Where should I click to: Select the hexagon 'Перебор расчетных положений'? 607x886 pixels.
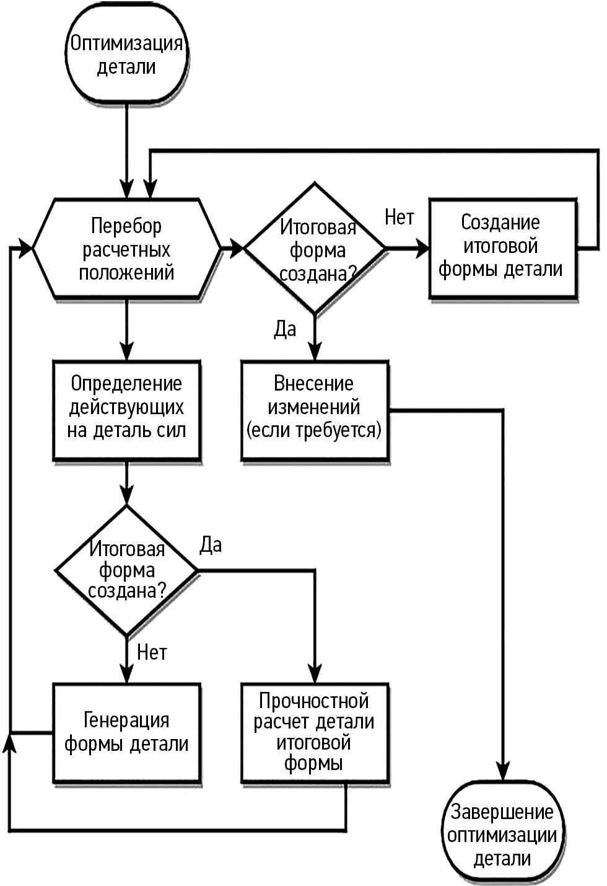tap(126, 249)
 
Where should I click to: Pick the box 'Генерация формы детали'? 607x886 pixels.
tap(126, 732)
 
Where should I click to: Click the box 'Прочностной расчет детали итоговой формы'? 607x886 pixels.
tap(315, 732)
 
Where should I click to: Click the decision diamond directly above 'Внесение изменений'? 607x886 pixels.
tap(315, 248)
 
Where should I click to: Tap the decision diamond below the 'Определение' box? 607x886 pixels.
tap(126, 570)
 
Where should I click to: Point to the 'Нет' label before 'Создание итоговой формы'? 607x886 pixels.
tap(400, 218)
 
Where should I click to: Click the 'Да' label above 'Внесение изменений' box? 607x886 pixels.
tap(285, 329)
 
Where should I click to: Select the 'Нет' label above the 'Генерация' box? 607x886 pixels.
tap(152, 652)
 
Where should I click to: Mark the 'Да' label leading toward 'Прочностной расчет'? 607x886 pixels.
tap(211, 545)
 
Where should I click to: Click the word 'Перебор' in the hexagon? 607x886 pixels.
tap(126, 226)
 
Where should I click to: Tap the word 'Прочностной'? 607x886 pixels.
tap(314, 701)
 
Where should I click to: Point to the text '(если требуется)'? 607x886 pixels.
tap(314, 430)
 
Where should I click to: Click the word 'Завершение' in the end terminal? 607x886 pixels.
tap(502, 812)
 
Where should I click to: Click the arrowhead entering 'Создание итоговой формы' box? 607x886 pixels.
tap(422, 249)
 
